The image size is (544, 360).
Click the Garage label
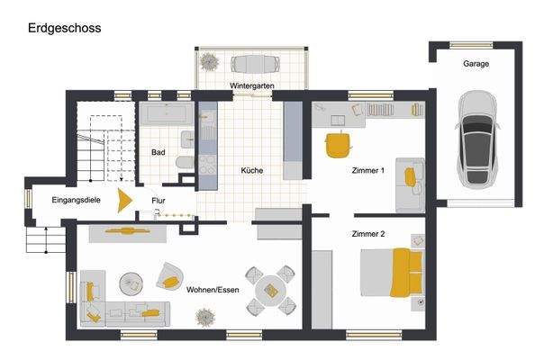[x=476, y=65]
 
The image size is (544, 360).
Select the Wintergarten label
[x=252, y=85]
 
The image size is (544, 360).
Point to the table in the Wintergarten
[x=255, y=63]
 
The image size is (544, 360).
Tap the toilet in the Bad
[x=184, y=162]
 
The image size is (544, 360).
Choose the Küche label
[x=251, y=170]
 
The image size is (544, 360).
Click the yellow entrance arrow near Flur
[x=126, y=198]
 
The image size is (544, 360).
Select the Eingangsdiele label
[x=76, y=198]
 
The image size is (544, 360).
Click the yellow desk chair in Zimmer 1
[x=338, y=143]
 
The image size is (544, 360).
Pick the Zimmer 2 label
[x=367, y=234]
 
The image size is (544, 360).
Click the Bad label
[x=158, y=152]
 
